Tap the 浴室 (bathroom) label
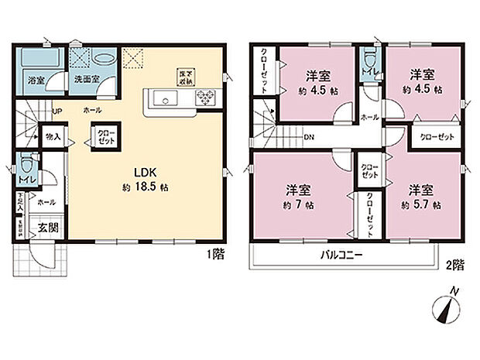coord(35,80)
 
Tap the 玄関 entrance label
coord(46,229)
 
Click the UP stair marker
coord(57,111)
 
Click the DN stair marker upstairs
coord(308,139)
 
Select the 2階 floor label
coord(454,265)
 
